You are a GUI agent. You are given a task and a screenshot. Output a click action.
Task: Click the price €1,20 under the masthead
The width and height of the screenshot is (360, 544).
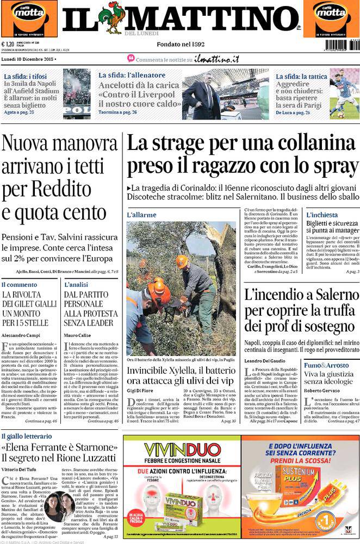coord(8,45)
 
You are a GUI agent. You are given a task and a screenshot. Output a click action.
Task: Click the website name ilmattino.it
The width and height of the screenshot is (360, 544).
coord(216,59)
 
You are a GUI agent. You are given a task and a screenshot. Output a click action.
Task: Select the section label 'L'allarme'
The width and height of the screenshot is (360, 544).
coord(141,215)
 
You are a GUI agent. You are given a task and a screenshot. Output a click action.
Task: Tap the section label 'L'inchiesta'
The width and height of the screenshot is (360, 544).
coord(321,215)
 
